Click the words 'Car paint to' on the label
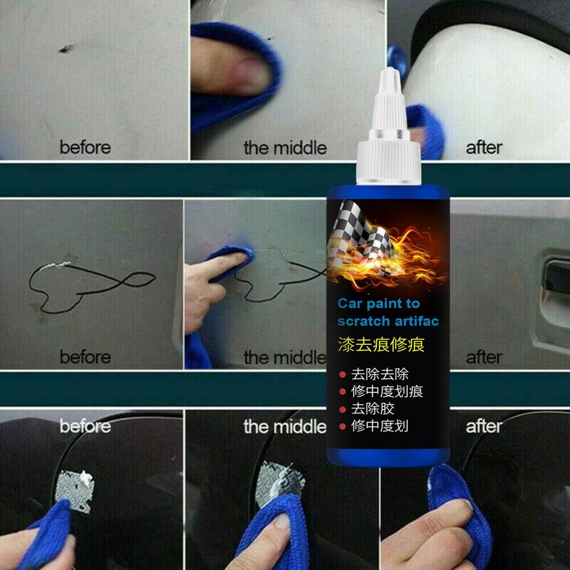tap(371, 302)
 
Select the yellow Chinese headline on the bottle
tap(381, 344)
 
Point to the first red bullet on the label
tap(343, 374)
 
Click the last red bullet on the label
tap(343, 426)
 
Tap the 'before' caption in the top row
tap(85, 147)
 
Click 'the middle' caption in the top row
tap(285, 148)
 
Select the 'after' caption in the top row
tap(484, 147)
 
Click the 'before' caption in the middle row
tap(85, 357)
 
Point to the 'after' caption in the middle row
tap(484, 357)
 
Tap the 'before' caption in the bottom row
tap(85, 426)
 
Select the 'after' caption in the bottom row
tap(484, 426)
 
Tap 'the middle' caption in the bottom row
tap(285, 426)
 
